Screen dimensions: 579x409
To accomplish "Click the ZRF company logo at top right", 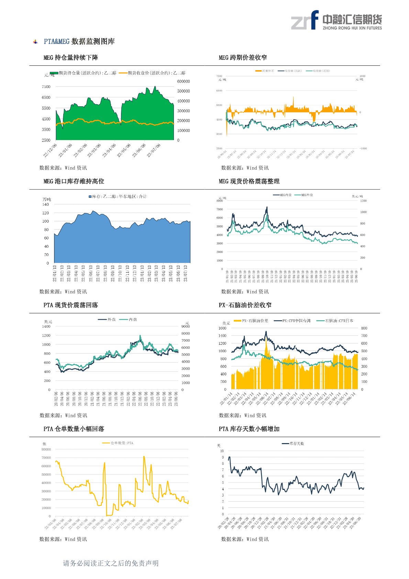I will tap(336, 20).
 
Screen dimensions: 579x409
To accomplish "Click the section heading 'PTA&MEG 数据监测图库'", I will tap(79, 42).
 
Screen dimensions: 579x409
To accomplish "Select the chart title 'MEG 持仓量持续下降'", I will tap(71, 57).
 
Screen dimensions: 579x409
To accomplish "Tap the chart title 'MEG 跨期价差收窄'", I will tap(243, 57).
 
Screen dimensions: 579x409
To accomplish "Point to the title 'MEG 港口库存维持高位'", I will tap(74, 181).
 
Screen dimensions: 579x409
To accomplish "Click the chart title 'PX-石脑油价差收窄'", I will tap(245, 305).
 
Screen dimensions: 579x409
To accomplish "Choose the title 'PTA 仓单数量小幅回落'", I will tap(74, 429).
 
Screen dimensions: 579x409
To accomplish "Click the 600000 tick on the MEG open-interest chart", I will tap(183, 82).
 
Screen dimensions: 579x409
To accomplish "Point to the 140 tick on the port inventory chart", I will tap(46, 204).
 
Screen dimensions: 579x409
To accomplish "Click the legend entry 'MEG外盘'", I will tap(307, 195).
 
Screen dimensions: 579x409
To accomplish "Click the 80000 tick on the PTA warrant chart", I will tap(46, 449).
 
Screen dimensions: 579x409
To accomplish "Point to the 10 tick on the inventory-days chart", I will tap(222, 451).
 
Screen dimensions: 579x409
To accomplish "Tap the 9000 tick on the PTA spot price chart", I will tap(185, 326).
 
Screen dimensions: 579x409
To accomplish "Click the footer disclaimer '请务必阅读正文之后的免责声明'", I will tap(111, 563).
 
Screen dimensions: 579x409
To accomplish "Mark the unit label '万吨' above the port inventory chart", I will tap(47, 200).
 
